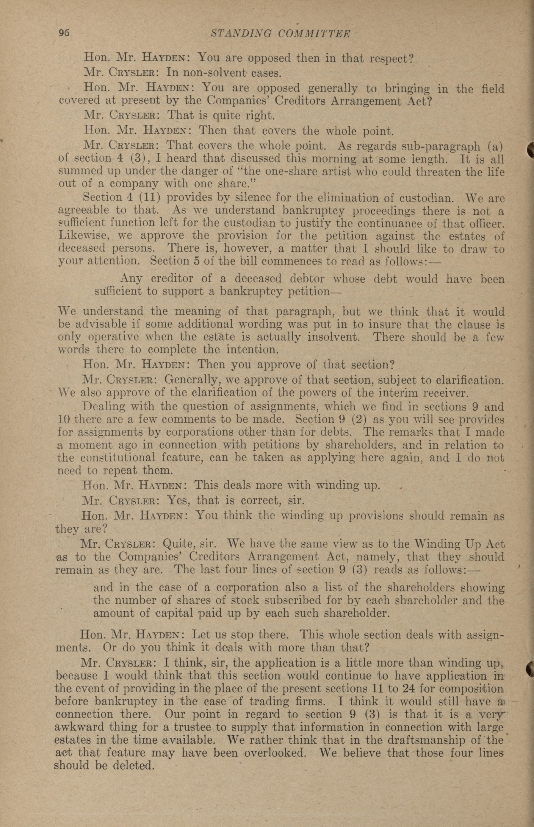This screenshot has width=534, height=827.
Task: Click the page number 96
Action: [x=64, y=33]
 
